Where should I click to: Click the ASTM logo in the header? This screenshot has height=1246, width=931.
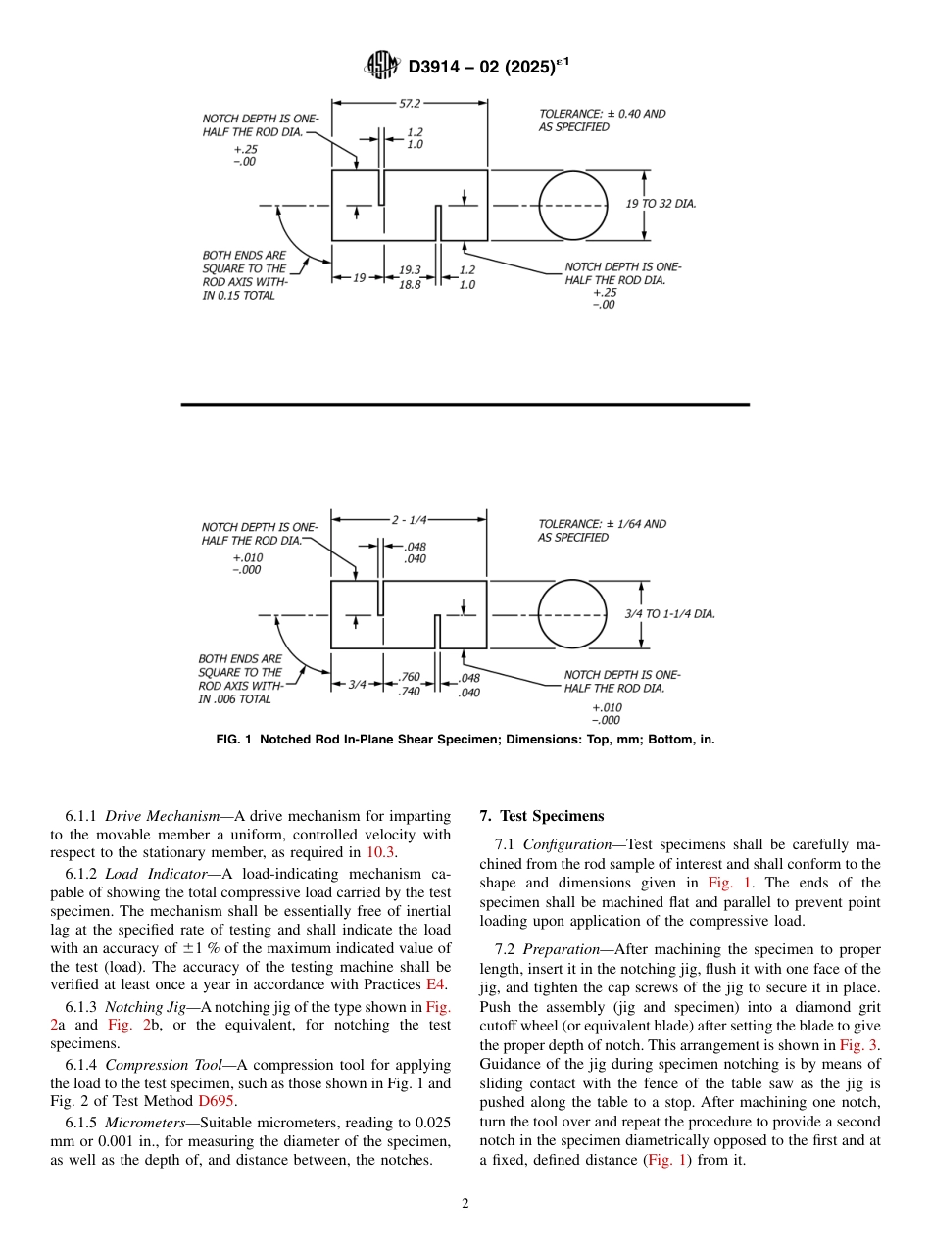click(x=381, y=66)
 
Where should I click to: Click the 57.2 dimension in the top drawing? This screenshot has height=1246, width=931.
click(x=410, y=102)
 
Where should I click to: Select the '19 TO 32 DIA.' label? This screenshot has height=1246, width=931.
click(x=661, y=204)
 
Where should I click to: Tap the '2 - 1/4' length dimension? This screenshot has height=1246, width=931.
click(x=409, y=519)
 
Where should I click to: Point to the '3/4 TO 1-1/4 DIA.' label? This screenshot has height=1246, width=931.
click(x=669, y=614)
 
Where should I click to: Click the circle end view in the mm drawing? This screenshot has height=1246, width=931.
click(x=573, y=205)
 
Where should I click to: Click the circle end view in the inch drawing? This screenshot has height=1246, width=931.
click(x=573, y=614)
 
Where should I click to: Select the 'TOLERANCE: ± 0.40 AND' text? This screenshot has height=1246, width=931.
click(x=602, y=114)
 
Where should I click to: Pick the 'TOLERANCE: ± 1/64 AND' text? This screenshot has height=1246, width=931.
click(x=602, y=524)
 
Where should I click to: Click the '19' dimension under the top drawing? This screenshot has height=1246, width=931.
click(x=359, y=278)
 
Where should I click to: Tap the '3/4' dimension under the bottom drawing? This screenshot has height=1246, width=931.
click(x=358, y=685)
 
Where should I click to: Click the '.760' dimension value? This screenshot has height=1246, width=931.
click(x=410, y=677)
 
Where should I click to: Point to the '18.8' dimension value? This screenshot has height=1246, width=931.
click(x=410, y=285)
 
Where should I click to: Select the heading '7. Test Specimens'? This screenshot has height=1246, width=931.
click(x=542, y=816)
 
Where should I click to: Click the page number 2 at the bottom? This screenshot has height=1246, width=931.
click(x=465, y=1204)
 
